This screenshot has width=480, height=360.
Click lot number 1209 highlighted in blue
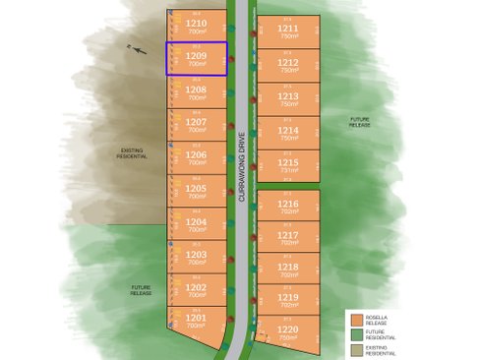point(196,56)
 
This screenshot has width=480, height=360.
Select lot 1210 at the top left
point(196,23)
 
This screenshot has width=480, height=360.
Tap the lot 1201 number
point(196,318)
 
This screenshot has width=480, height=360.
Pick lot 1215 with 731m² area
point(288,162)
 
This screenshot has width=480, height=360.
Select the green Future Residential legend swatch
point(357,334)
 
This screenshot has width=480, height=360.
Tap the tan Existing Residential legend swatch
point(357,349)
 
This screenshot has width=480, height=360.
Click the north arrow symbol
point(137,48)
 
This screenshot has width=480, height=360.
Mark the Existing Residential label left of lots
point(132,154)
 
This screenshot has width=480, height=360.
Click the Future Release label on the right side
point(361,123)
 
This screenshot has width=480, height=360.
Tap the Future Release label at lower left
point(142,290)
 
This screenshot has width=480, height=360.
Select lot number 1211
point(288,29)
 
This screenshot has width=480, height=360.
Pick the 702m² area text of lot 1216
point(288,210)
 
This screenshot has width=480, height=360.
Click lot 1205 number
point(196,188)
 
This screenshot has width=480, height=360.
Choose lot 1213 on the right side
point(288,95)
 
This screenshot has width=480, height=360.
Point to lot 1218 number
point(288,267)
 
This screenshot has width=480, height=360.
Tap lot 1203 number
point(196,254)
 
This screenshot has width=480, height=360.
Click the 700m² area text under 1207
point(196,130)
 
